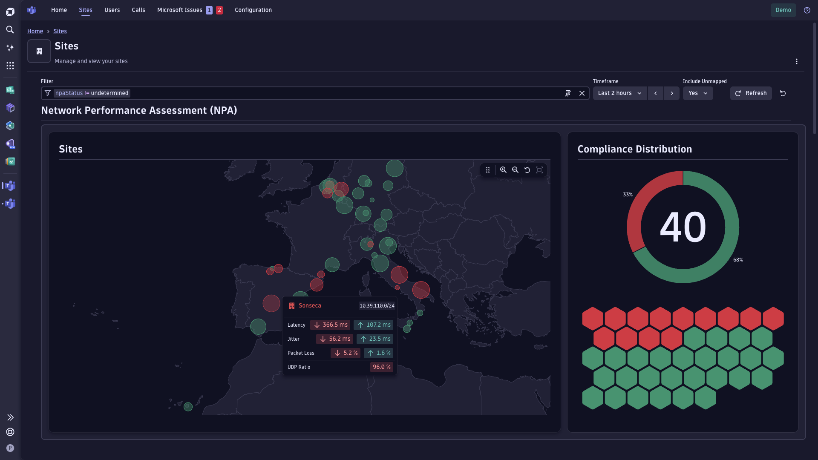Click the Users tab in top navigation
pos(112,10)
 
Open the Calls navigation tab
pos(138,10)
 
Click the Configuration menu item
pos(253,10)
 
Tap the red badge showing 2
pos(219,10)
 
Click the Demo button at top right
pos(783,10)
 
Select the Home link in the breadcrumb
pos(35,31)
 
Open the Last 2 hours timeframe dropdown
pos(619,93)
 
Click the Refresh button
pos(751,93)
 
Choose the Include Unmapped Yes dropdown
pos(697,93)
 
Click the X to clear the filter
pos(582,93)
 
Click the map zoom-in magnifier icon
pos(503,170)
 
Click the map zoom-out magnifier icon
pos(515,170)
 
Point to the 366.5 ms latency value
pos(330,325)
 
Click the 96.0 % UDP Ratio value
pos(381,367)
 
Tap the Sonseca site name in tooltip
pos(310,306)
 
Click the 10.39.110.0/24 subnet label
pos(377,306)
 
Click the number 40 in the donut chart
pos(683,227)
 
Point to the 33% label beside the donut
pos(628,195)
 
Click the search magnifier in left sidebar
pos(10,30)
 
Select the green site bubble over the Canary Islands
pos(188,407)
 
